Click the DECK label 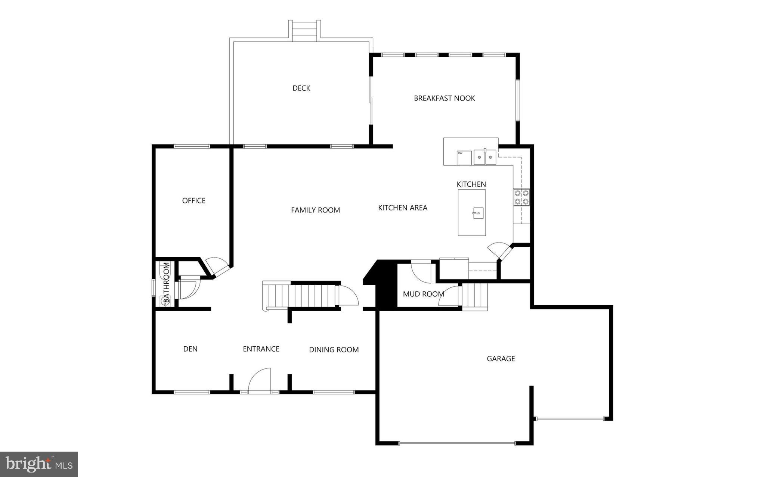[x=301, y=88]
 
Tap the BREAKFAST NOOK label [x=444, y=98]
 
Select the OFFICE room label [x=193, y=200]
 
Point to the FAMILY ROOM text [x=315, y=210]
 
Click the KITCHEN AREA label [x=402, y=208]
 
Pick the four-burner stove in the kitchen [x=521, y=197]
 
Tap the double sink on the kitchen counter [x=485, y=157]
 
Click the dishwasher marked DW [x=464, y=158]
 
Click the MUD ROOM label [x=423, y=294]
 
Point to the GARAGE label [x=501, y=359]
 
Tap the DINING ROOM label [x=334, y=350]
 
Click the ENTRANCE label [x=261, y=349]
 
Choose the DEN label [x=190, y=349]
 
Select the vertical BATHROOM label [x=166, y=283]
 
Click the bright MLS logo [x=39, y=464]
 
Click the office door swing [x=217, y=265]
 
